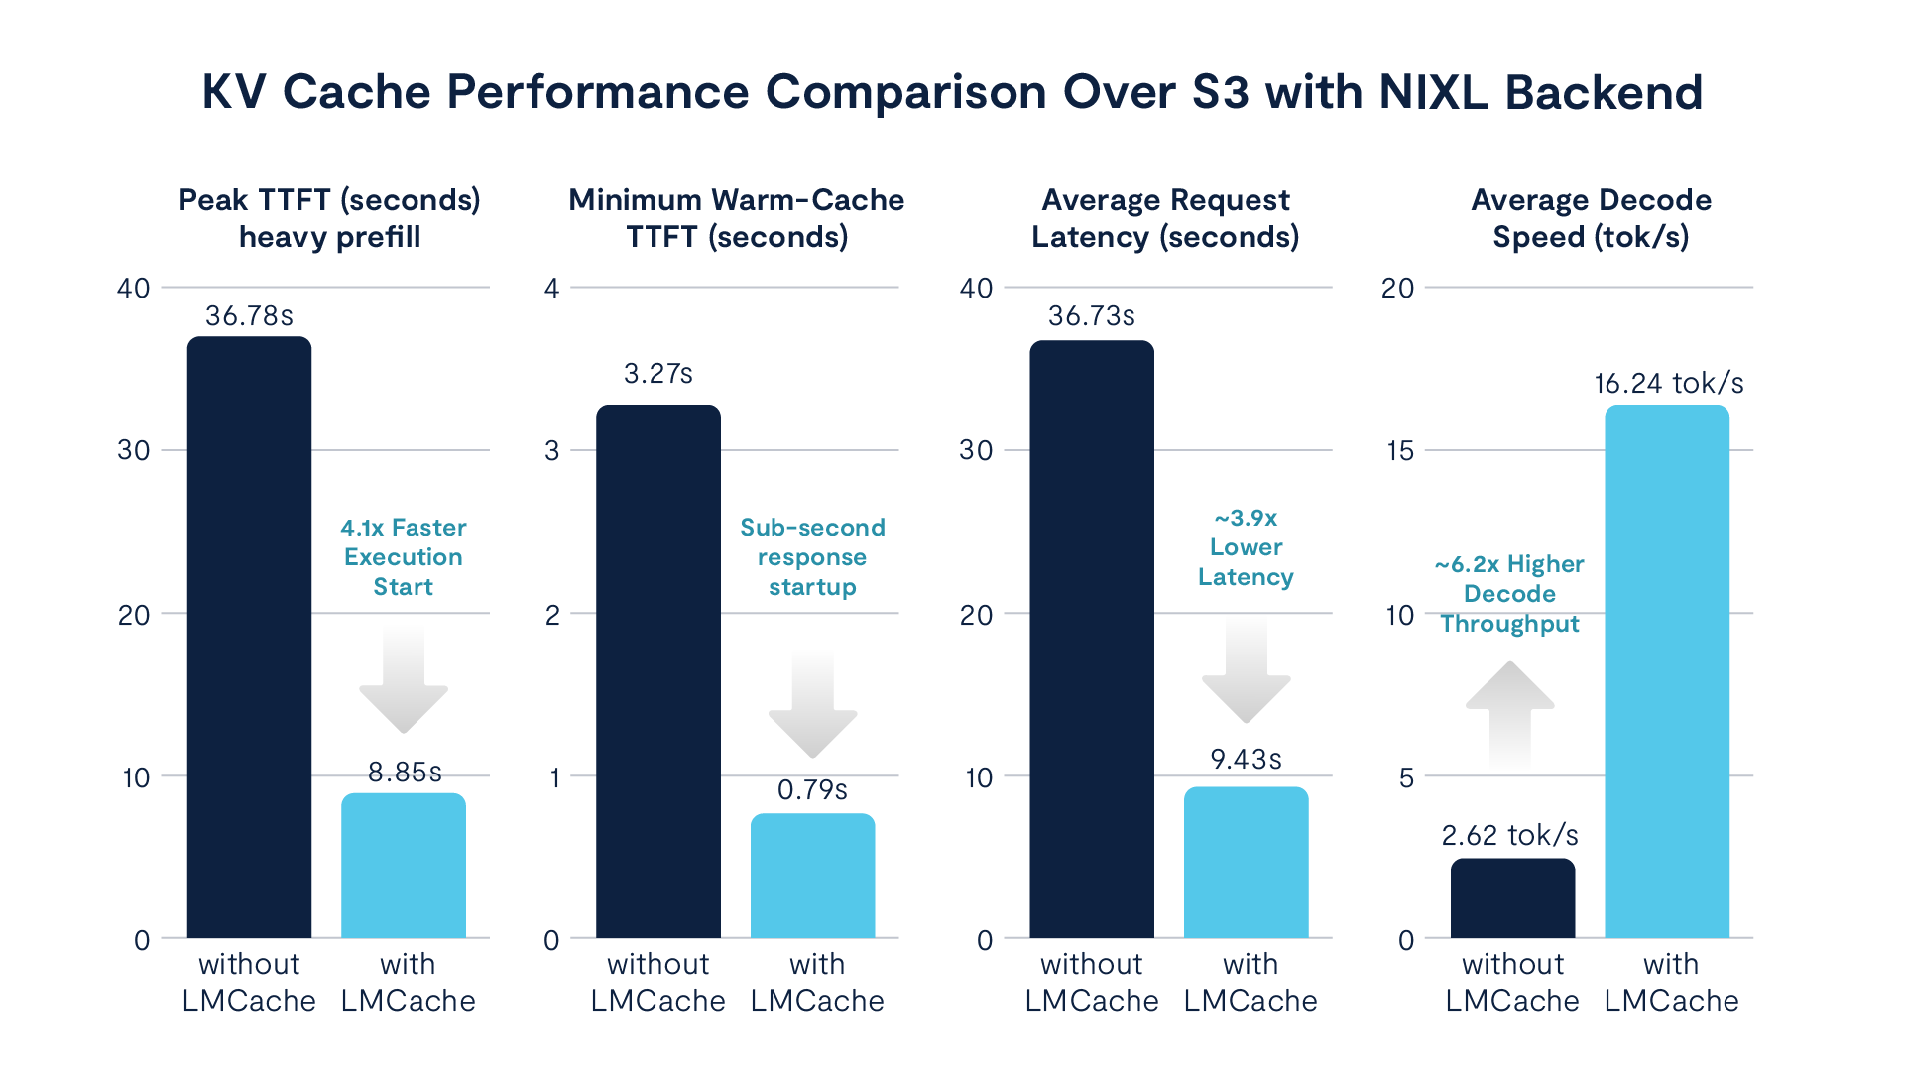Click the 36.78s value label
(249, 316)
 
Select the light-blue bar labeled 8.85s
(404, 866)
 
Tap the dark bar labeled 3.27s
(658, 671)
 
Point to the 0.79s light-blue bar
(812, 876)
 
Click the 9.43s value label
(1247, 760)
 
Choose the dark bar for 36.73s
(1092, 640)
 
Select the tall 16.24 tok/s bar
(1667, 671)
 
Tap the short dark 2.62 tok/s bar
(1512, 898)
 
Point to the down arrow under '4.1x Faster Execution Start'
(404, 680)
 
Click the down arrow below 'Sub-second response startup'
(813, 705)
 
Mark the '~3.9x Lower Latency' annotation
(1247, 547)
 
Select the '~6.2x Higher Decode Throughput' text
(1509, 594)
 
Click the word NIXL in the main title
(1434, 92)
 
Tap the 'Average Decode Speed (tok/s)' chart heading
(1592, 218)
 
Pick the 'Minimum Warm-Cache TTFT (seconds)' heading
(737, 218)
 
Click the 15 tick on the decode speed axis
(1400, 451)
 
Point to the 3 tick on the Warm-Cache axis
(552, 451)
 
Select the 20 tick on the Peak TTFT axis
(134, 615)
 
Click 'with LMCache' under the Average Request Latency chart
(1250, 982)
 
